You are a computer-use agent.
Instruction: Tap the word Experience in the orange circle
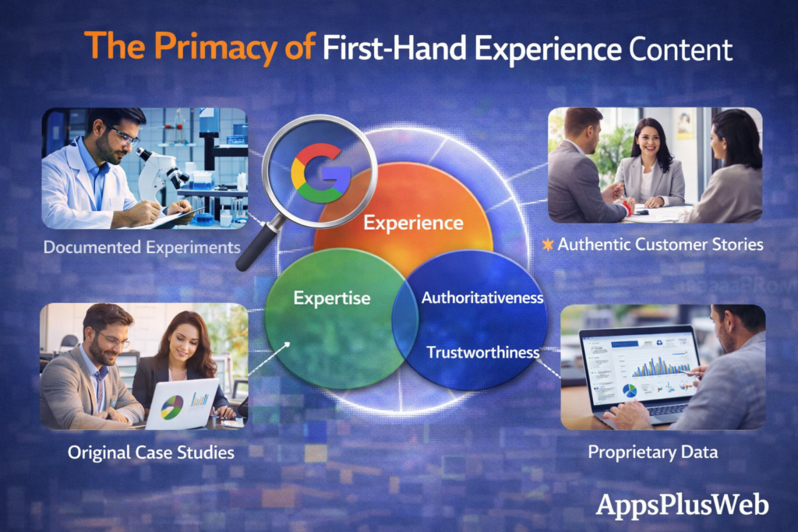pos(413,224)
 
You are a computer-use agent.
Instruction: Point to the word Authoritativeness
pos(482,298)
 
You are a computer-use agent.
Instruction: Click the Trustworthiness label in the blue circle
pos(482,352)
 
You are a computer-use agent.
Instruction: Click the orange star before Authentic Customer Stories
pos(549,245)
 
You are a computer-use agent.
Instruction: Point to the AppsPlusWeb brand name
pos(682,504)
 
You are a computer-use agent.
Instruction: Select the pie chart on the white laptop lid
pos(172,407)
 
